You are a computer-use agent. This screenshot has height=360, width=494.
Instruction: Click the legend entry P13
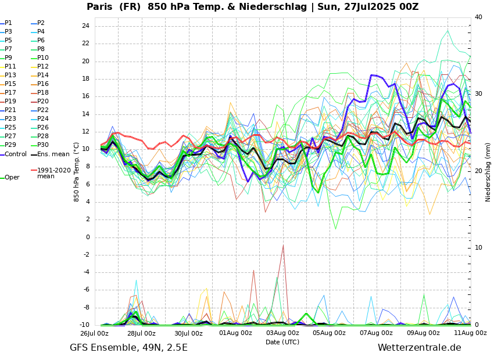click(x=10, y=75)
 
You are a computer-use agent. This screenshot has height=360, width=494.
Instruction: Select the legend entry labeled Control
click(x=16, y=154)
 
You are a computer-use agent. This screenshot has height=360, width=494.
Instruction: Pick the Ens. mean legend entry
click(x=53, y=154)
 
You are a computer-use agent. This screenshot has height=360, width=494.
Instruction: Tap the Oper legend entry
click(x=12, y=177)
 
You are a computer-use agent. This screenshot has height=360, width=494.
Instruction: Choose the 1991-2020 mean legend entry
click(x=53, y=173)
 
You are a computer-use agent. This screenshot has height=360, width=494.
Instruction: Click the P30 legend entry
click(x=43, y=145)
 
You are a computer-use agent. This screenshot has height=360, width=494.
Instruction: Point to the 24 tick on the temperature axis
click(x=85, y=26)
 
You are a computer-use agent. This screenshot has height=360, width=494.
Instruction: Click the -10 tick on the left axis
click(x=84, y=325)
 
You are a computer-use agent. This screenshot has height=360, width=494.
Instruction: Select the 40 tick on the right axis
click(x=478, y=17)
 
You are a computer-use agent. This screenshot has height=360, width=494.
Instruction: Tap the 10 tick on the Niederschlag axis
click(x=478, y=248)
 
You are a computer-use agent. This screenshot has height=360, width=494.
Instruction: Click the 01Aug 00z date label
click(x=235, y=333)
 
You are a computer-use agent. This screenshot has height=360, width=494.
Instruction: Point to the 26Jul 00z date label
click(x=94, y=333)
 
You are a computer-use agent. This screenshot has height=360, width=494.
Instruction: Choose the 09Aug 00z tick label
click(x=423, y=333)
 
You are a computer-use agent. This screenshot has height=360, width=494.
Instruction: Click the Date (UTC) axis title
click(x=282, y=342)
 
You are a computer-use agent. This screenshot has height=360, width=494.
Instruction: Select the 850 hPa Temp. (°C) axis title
click(x=77, y=172)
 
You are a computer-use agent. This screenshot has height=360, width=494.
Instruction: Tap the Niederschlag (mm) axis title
click(x=488, y=172)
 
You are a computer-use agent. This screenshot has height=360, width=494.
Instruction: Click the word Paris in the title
click(x=102, y=7)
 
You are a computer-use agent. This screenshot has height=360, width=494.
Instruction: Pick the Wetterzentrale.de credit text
click(x=419, y=348)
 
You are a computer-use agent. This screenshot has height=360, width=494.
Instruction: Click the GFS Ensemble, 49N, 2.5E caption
click(x=128, y=348)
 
